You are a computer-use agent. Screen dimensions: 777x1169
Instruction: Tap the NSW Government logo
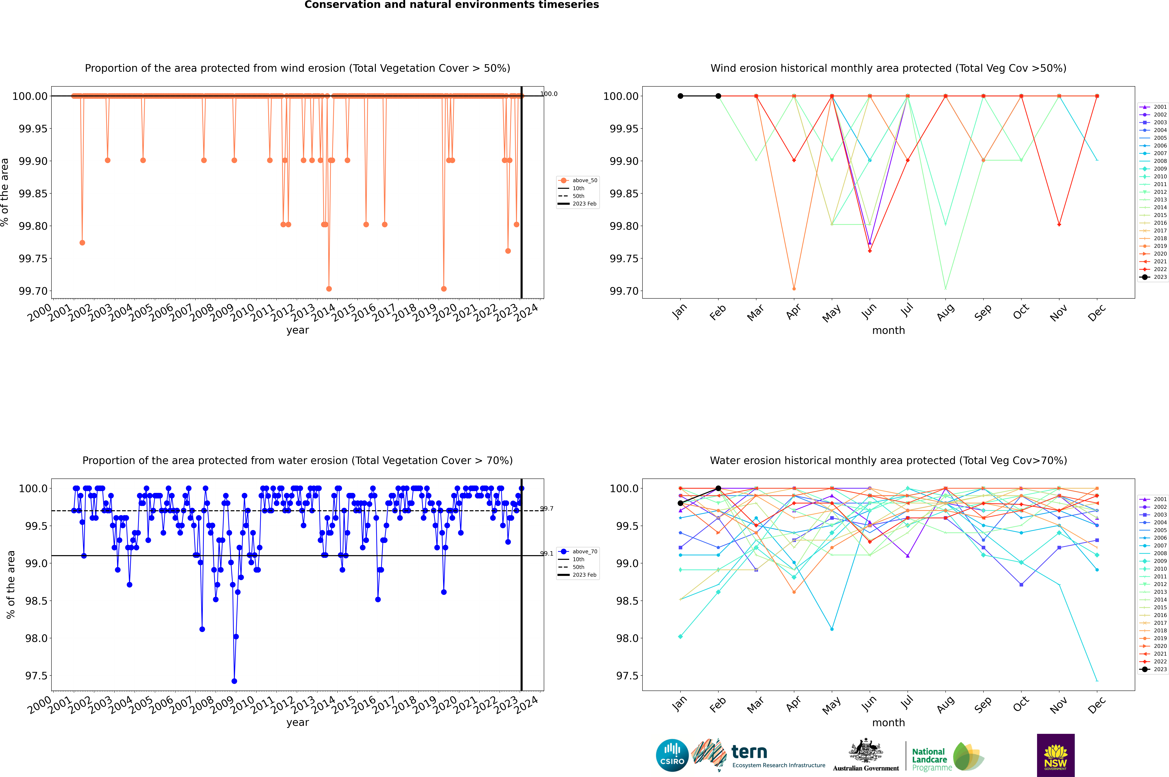pyautogui.click(x=1055, y=755)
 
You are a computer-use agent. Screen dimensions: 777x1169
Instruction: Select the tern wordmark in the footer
pyautogui.click(x=749, y=752)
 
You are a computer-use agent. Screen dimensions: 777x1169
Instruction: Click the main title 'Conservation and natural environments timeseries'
pyautogui.click(x=451, y=5)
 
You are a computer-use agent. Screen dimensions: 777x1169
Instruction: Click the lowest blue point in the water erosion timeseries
pyautogui.click(x=234, y=681)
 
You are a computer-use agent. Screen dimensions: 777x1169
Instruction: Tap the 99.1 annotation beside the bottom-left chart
pyautogui.click(x=547, y=554)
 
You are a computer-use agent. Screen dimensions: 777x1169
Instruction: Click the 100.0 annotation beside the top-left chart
pyautogui.click(x=549, y=94)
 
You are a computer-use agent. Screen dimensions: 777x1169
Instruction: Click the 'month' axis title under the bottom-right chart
pyautogui.click(x=888, y=723)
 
